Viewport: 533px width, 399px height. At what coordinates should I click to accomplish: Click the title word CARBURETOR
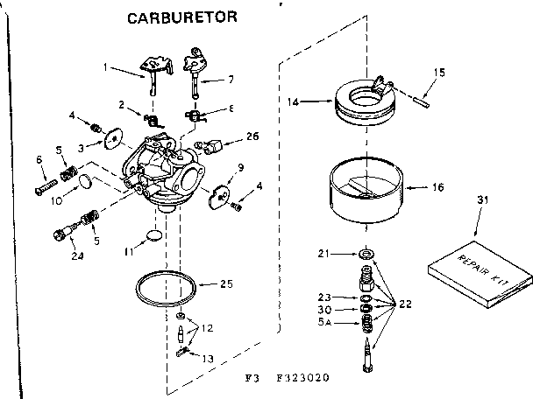click(179, 17)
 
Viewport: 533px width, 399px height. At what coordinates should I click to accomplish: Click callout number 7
click(231, 80)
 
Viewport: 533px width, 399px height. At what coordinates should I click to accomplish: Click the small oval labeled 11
click(153, 235)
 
